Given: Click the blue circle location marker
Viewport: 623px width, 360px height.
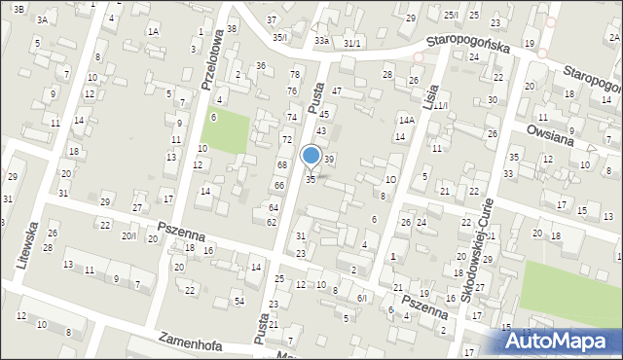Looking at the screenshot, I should (311, 155).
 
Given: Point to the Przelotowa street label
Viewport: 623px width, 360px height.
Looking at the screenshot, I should (212, 58).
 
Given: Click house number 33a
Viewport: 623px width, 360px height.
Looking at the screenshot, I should (322, 41).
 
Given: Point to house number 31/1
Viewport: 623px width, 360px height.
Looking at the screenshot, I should (351, 44).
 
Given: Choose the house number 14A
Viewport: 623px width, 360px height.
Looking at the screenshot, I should (406, 120).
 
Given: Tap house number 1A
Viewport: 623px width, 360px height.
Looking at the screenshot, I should (153, 31).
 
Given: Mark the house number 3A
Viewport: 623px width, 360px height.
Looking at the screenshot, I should (42, 19).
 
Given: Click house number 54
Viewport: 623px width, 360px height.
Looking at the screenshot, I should (238, 301).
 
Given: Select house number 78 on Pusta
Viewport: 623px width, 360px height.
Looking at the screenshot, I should (294, 75).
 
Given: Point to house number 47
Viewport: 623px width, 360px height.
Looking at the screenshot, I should (337, 90).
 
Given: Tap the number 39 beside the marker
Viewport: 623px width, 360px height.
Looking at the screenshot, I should (330, 159).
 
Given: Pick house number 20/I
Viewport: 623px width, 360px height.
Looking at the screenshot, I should (128, 236).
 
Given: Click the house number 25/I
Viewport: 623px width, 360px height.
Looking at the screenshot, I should (450, 15).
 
